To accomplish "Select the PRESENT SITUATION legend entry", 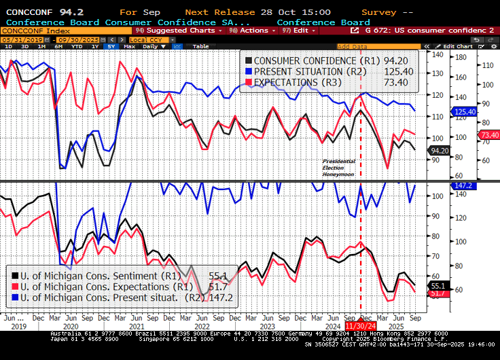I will (305, 71).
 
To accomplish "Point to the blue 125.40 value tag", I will (465, 111).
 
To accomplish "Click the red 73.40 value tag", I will (489, 135).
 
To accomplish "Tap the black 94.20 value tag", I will (440, 150).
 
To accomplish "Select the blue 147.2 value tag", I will (465, 185).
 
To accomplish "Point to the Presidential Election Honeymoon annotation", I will (339, 167).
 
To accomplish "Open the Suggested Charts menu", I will (166, 31).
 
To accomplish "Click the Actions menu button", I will (252, 31).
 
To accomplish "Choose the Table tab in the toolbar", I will (201, 46).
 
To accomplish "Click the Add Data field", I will (353, 46).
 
